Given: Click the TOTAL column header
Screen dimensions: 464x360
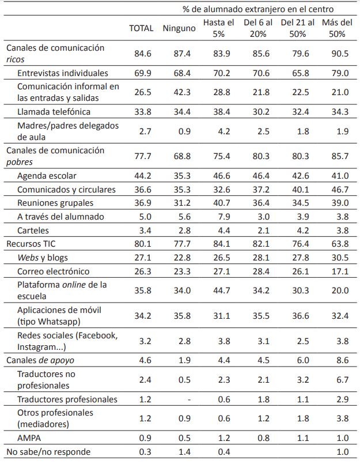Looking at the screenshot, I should pyautogui.click(x=141, y=28).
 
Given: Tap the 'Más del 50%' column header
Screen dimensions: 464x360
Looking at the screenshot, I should pyautogui.click(x=337, y=28).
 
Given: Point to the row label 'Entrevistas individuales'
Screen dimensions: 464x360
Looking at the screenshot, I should pyautogui.click(x=62, y=73).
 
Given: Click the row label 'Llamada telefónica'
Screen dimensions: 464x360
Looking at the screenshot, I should pyautogui.click(x=54, y=111).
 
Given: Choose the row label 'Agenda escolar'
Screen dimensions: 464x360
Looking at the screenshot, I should pyautogui.click(x=47, y=175).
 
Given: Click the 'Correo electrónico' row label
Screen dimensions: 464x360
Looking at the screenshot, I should pyautogui.click(x=54, y=271).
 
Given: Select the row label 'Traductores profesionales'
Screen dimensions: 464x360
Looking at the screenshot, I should pyautogui.click(x=67, y=399).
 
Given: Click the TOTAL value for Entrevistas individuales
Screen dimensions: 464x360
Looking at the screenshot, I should pyautogui.click(x=142, y=73).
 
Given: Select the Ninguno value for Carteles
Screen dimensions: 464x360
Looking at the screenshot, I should pyautogui.click(x=181, y=230).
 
